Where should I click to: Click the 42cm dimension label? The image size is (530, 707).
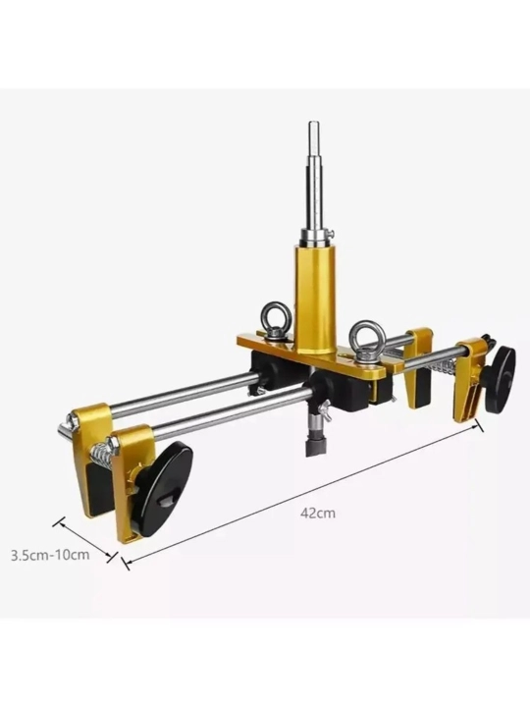coord(318,513)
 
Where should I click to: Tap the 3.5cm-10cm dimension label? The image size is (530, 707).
coord(50,555)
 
